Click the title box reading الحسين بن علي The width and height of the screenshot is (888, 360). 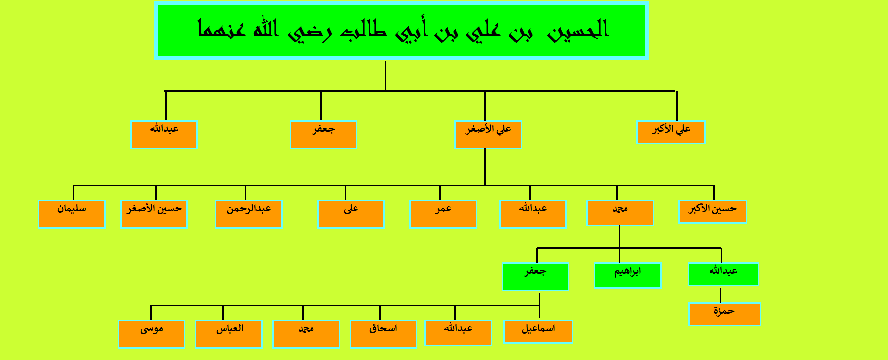coord(401,31)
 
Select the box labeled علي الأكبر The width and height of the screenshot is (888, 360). coord(671,132)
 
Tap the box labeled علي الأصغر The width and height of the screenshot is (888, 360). coord(488,135)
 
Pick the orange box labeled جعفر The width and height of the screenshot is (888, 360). coord(324,135)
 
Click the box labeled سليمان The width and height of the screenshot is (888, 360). coord(72,214)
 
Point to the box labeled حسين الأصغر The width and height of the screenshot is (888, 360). coord(154,214)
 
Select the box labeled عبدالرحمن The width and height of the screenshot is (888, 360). coord(249,214)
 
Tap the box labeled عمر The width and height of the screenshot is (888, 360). coord(443,214)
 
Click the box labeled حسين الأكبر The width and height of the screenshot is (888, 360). coord(712,212)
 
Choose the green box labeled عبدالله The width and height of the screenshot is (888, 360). coord(723,274)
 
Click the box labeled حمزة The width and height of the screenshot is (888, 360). coord(724,314)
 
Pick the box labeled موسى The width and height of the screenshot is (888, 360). coord(152,334)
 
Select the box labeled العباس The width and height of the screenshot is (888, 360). coord(229,334)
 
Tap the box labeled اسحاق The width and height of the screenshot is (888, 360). coord(383,334)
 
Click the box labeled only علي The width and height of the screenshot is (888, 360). coord(351,214)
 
